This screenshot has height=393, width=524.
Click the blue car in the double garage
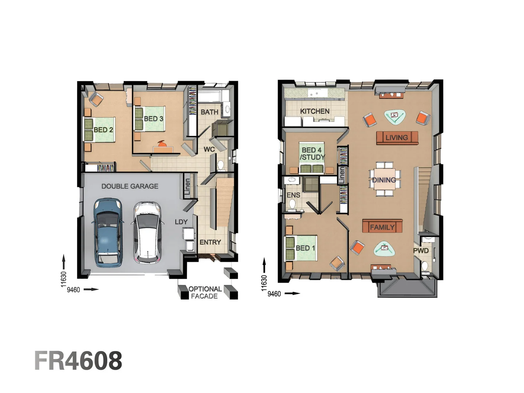(x=107, y=231)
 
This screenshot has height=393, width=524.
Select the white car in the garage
(x=147, y=232)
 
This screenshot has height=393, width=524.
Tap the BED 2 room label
(x=103, y=130)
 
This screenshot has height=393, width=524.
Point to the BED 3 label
(x=153, y=119)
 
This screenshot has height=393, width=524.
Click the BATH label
(x=209, y=112)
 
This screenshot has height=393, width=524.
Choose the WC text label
(x=209, y=149)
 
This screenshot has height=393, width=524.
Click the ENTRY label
(x=210, y=242)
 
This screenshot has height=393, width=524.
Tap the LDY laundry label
(x=181, y=222)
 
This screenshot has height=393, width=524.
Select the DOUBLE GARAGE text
(x=130, y=186)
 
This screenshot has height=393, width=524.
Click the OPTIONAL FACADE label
(x=205, y=293)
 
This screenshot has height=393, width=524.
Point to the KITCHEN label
(x=315, y=111)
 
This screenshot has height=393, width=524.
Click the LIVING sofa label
(x=397, y=138)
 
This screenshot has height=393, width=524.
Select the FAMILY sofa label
(x=382, y=227)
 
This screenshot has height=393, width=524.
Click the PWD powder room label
(x=421, y=250)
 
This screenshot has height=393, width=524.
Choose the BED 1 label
(x=305, y=248)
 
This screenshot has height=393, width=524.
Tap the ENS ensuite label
(x=293, y=195)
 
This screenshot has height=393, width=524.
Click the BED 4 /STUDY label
(x=312, y=154)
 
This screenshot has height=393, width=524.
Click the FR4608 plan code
(x=79, y=361)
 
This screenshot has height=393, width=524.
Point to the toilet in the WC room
(x=221, y=166)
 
